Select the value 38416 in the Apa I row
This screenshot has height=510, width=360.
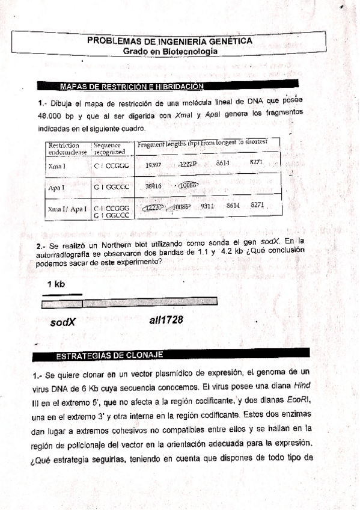[x=154, y=186]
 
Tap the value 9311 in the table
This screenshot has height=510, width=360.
[x=208, y=206]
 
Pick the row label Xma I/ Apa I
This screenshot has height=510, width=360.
[x=67, y=209]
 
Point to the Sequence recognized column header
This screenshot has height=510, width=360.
[x=109, y=148]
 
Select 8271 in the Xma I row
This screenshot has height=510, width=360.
[x=257, y=163]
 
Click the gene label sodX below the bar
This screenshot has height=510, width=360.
[x=63, y=322]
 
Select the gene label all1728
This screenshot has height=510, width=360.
[x=165, y=321]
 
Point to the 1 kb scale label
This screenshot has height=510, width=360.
[x=56, y=284]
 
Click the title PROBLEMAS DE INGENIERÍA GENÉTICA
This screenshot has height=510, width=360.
[x=169, y=41]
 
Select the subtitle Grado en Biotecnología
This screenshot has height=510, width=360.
[x=171, y=52]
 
